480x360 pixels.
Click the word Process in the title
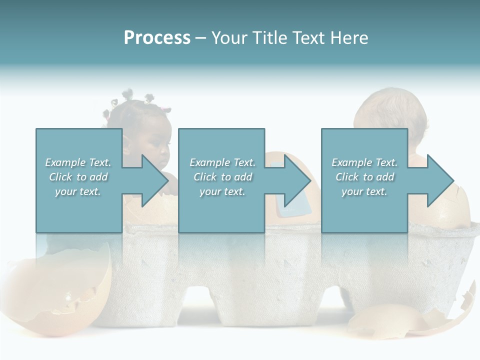tap(157, 38)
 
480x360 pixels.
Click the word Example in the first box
tap(64, 162)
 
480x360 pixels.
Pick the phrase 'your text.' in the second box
tap(222, 192)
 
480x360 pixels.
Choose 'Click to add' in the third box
tap(364, 177)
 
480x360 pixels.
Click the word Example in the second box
tap(209, 162)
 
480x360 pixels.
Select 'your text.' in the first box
tap(78, 192)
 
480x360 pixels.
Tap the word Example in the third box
tap(351, 162)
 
